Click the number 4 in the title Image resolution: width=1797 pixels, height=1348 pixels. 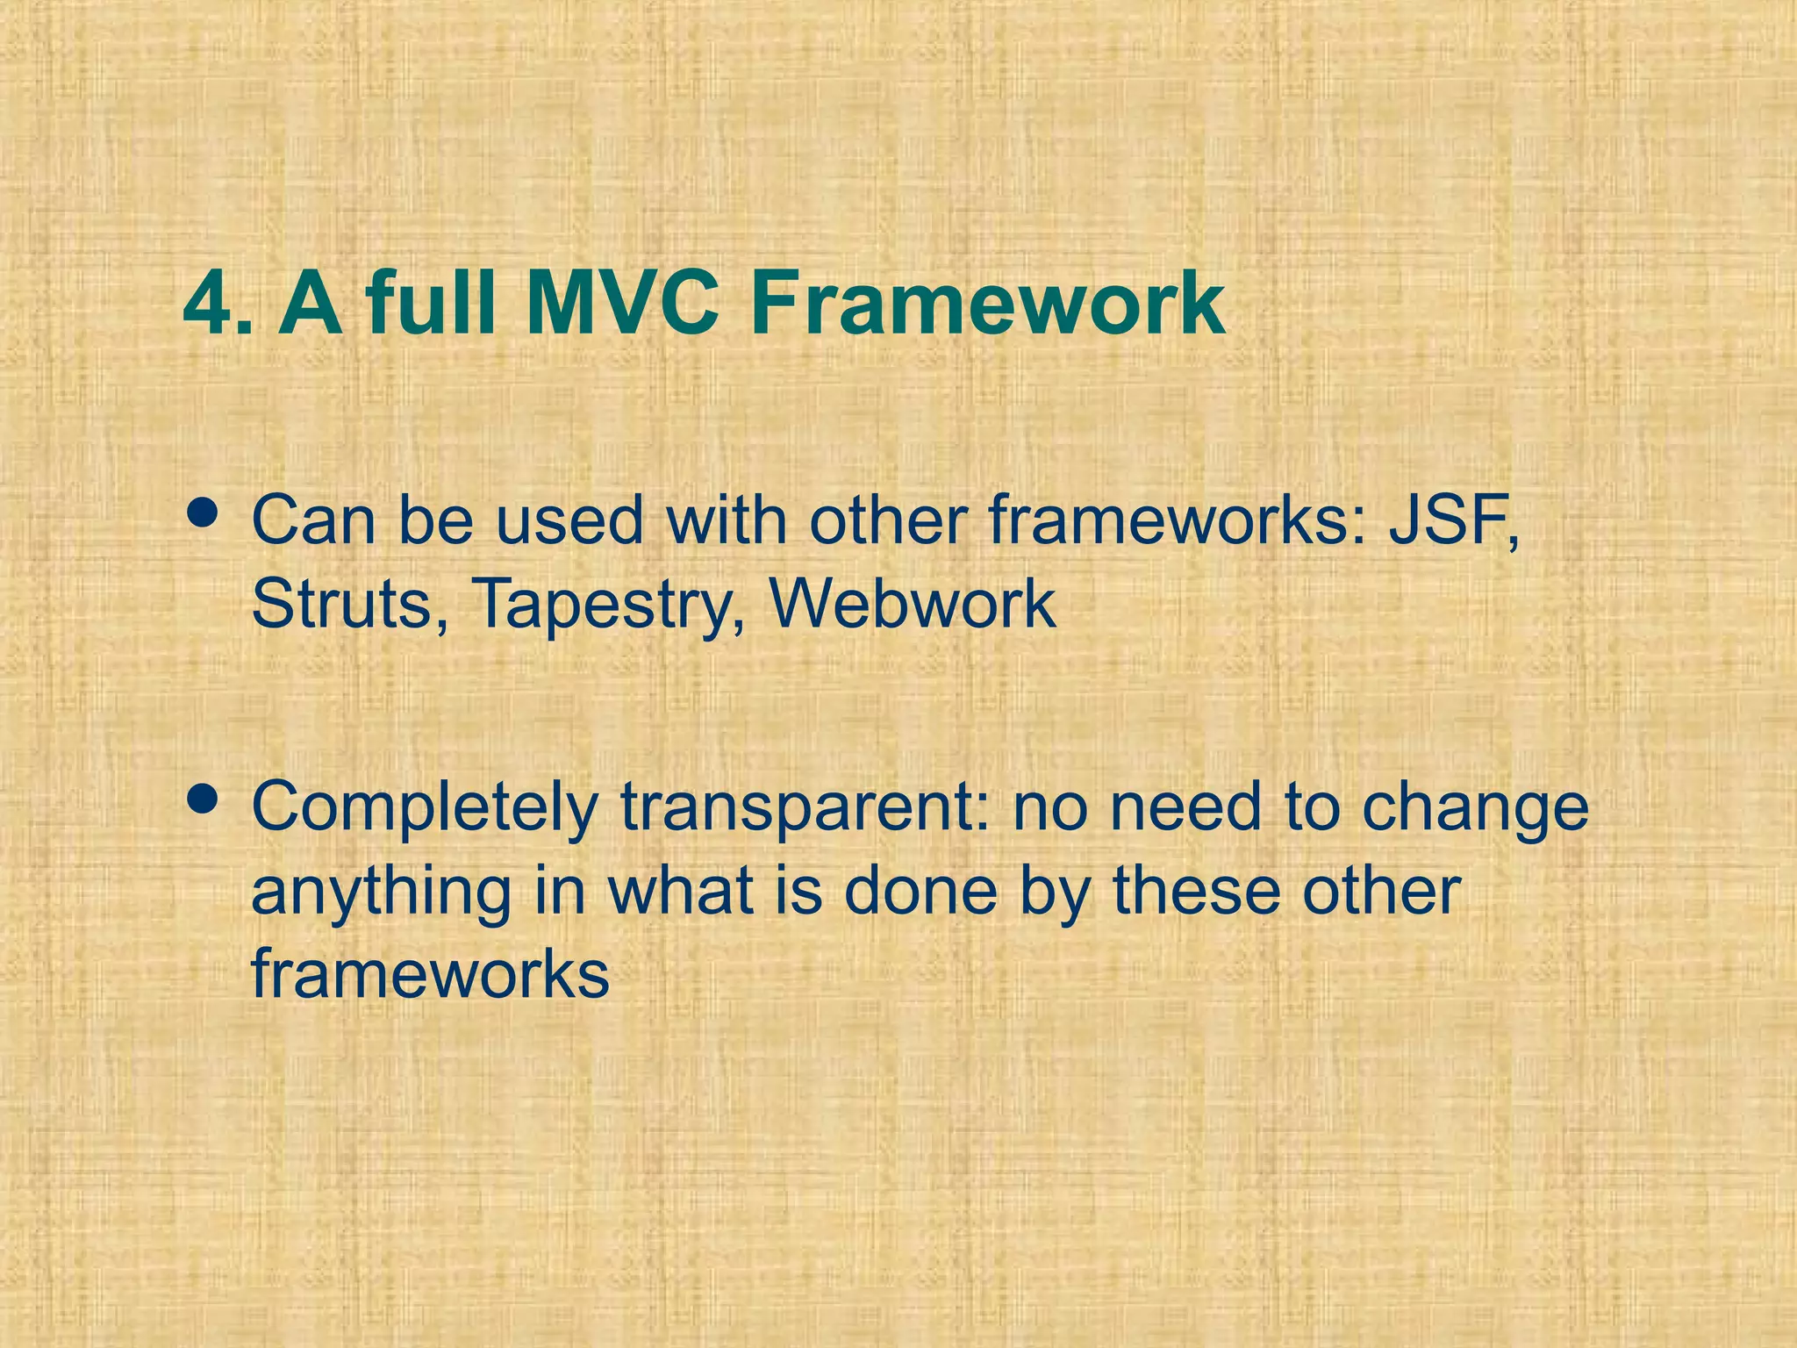211,305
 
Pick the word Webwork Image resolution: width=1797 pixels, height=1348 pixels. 913,604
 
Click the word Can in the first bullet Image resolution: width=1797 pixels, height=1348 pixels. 316,521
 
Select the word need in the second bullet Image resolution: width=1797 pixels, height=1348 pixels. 1185,807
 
